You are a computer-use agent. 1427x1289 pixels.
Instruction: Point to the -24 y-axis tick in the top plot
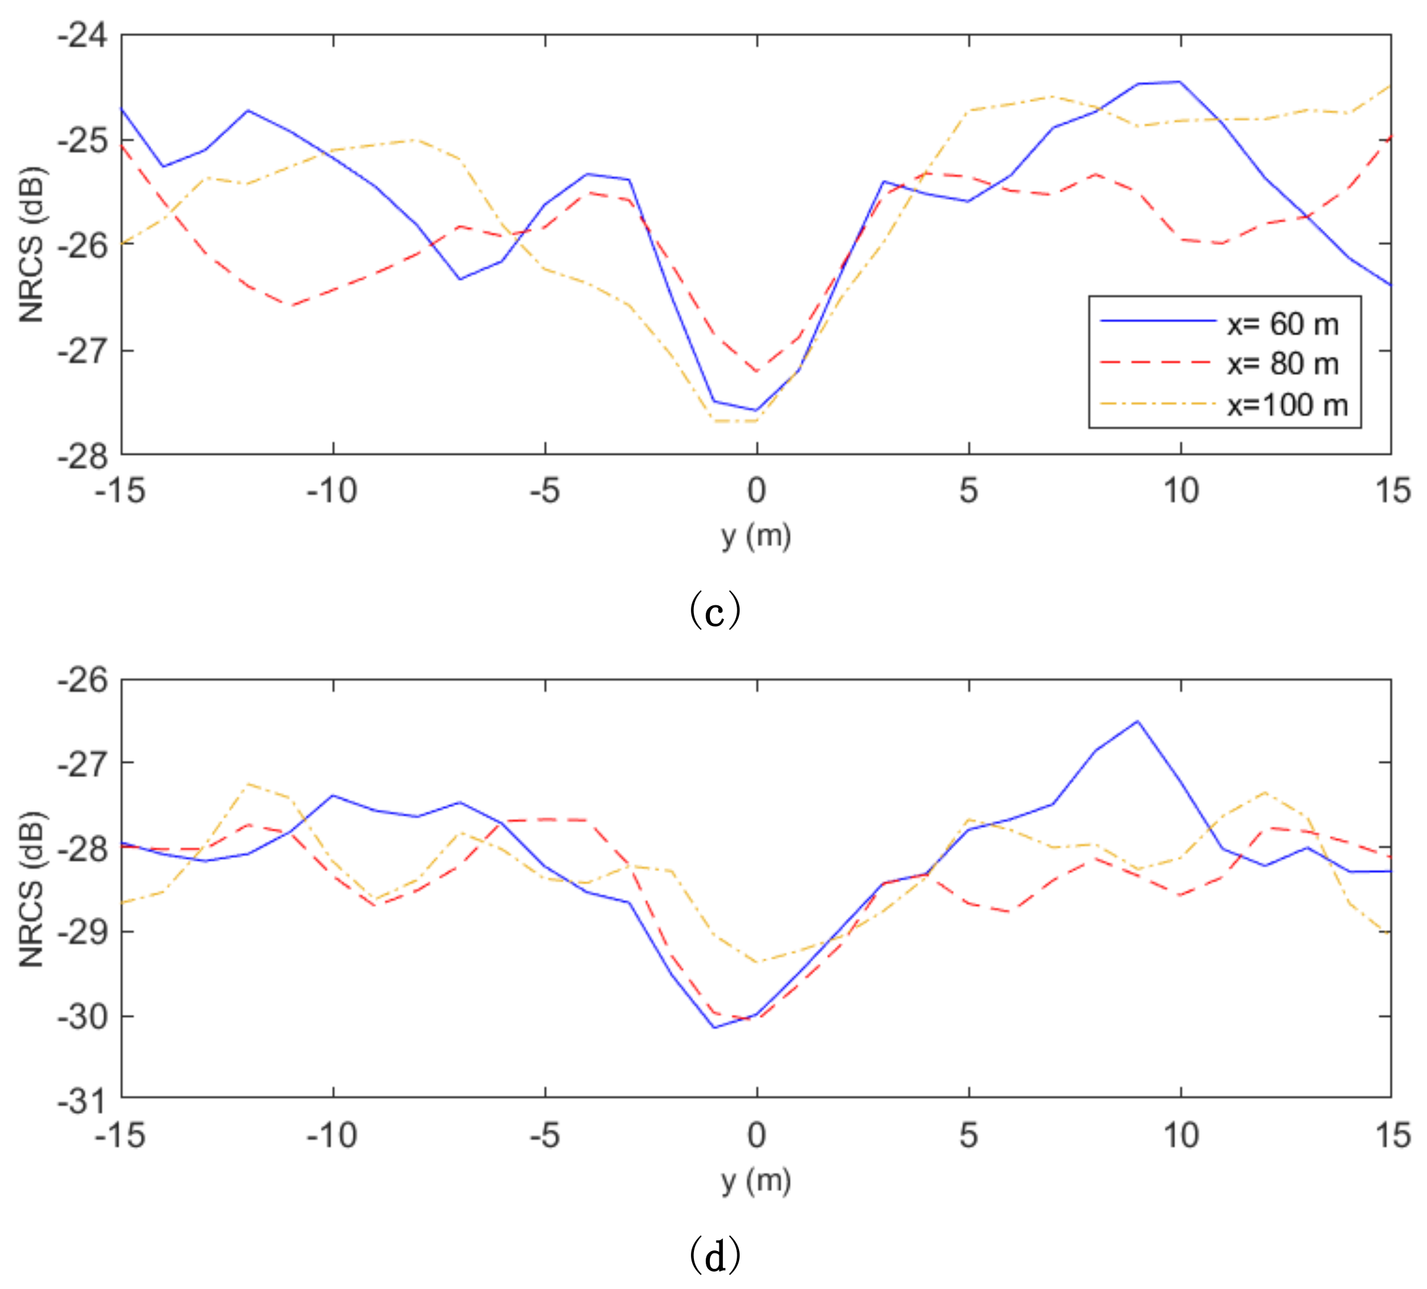pyautogui.click(x=83, y=36)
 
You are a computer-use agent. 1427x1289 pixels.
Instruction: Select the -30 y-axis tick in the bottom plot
pyautogui.click(x=83, y=1017)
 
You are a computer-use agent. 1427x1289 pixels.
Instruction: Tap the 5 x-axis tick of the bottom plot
pyautogui.click(x=969, y=1135)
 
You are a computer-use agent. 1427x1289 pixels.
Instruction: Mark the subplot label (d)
pyautogui.click(x=715, y=1255)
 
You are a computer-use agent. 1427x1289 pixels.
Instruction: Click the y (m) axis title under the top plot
pyautogui.click(x=756, y=536)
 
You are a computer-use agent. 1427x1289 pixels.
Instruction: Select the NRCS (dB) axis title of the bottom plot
pyautogui.click(x=32, y=889)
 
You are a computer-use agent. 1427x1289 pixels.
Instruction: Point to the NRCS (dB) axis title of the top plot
pyautogui.click(x=32, y=244)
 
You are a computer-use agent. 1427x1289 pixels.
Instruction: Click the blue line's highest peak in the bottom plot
pyautogui.click(x=1137, y=721)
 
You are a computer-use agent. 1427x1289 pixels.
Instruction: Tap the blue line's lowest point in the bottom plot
pyautogui.click(x=715, y=1028)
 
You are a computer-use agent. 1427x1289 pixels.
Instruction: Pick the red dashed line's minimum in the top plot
pyautogui.click(x=757, y=372)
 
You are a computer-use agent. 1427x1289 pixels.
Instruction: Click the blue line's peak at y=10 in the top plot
pyautogui.click(x=1179, y=81)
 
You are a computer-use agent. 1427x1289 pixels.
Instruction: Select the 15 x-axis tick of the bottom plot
pyautogui.click(x=1391, y=1135)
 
